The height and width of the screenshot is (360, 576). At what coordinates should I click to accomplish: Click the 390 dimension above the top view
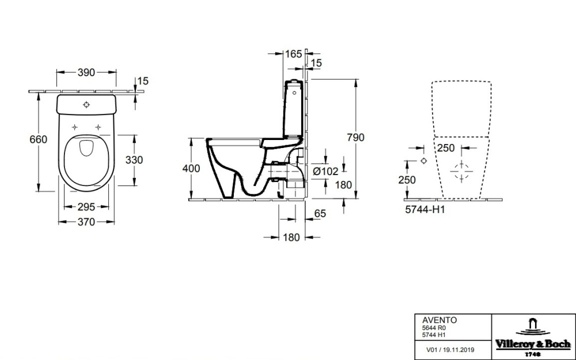pyautogui.click(x=86, y=73)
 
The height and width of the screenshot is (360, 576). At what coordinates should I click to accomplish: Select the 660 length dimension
pyautogui.click(x=38, y=140)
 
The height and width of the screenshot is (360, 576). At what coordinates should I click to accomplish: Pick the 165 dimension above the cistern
pyautogui.click(x=293, y=54)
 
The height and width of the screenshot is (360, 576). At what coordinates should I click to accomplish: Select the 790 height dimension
pyautogui.click(x=356, y=138)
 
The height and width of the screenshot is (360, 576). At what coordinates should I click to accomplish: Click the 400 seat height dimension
pyautogui.click(x=191, y=169)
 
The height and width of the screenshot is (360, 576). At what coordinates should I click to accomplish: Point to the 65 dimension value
pyautogui.click(x=320, y=214)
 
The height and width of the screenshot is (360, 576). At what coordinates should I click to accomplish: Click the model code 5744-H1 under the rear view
pyautogui.click(x=423, y=210)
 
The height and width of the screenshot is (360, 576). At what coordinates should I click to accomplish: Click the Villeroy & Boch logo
pyautogui.click(x=533, y=336)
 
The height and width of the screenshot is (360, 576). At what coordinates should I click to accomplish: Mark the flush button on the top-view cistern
pyautogui.click(x=86, y=105)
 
